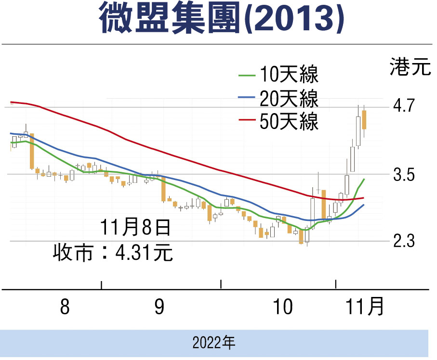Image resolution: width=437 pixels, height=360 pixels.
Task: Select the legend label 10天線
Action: (x=289, y=76)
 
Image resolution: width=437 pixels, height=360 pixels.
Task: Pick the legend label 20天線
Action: (x=289, y=99)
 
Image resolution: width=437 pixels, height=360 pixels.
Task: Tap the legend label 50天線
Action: (x=289, y=121)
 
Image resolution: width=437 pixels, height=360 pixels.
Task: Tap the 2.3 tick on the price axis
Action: (x=404, y=242)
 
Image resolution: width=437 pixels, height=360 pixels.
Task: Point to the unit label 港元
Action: (x=410, y=67)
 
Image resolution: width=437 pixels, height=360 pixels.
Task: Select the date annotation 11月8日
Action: (x=135, y=227)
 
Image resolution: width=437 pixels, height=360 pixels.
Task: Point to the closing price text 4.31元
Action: (x=145, y=253)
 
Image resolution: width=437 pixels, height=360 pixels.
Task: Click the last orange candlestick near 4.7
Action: (x=365, y=119)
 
